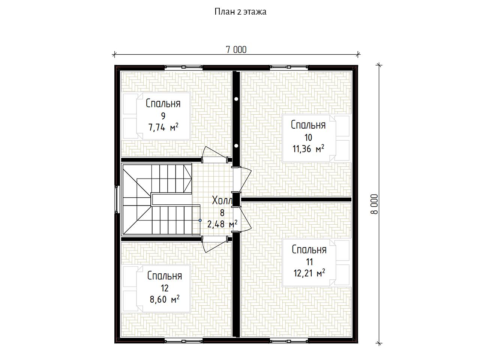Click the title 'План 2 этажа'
[240, 12]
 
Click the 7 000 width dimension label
[236, 49]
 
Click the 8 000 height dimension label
[374, 204]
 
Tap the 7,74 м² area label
[163, 127]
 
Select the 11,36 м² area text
[308, 148]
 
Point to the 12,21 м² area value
[309, 273]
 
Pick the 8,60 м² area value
[165, 299]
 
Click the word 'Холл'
[222, 200]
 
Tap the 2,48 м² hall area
[222, 224]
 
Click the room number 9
[163, 116]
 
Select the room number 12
[165, 288]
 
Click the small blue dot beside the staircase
[200, 220]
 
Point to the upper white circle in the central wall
[236, 99]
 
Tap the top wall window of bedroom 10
[289, 67]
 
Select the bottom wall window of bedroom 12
[183, 340]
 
